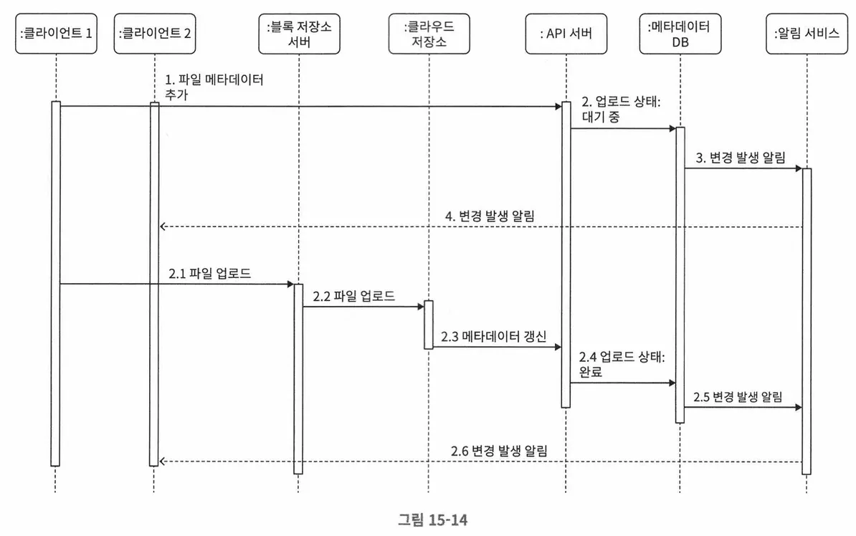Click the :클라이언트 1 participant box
pos(56,34)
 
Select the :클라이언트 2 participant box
pos(154,34)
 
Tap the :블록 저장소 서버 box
pos(299,34)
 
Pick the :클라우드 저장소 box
pos(429,34)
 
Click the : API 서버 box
pos(566,34)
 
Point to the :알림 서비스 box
pos(807,34)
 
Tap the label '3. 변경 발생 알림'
pos(739,157)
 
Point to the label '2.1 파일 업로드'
pos(209,273)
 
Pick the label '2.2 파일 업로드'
pos(353,295)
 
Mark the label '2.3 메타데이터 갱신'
pos(493,335)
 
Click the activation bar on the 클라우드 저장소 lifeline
pos(429,325)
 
